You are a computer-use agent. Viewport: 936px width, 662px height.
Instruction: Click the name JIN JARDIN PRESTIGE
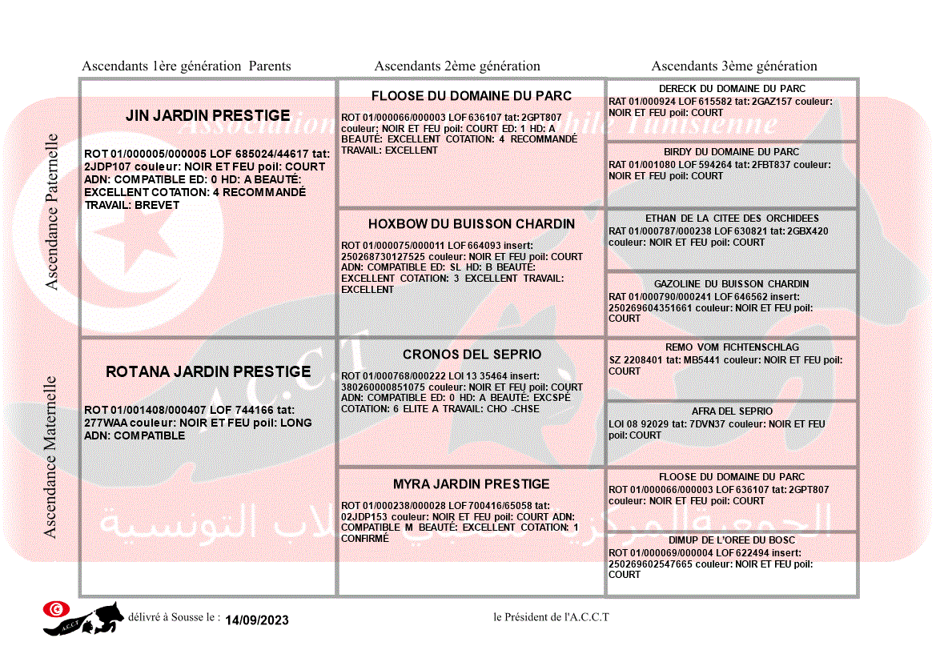click(x=207, y=116)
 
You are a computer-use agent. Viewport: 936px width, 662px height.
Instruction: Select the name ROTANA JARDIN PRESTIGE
click(x=208, y=372)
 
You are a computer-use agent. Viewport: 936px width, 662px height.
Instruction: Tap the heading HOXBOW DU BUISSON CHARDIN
click(x=472, y=224)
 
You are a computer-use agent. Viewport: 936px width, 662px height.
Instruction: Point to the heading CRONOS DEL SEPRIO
click(x=472, y=355)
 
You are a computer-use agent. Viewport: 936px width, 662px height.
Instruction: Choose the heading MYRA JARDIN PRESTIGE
click(x=472, y=484)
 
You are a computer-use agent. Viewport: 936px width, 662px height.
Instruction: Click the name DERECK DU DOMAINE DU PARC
click(x=732, y=89)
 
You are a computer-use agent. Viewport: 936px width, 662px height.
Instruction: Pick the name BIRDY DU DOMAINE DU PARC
click(x=732, y=152)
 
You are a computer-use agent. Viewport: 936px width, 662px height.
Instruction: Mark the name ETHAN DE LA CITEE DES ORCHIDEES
click(x=732, y=219)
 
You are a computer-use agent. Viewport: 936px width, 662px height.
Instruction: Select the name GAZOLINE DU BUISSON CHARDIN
click(x=732, y=284)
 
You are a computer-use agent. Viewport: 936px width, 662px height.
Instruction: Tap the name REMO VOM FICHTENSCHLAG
click(x=732, y=348)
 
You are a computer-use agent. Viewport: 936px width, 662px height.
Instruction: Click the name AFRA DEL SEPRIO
click(x=732, y=411)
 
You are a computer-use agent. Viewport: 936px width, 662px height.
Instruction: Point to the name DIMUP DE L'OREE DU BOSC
click(x=732, y=540)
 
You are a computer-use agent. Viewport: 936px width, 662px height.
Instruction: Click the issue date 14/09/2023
click(x=257, y=620)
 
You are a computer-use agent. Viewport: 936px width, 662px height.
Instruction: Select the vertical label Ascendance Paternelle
click(x=52, y=212)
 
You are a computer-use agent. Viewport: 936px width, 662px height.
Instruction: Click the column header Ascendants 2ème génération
click(x=457, y=66)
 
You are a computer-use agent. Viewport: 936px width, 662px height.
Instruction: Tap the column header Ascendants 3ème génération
click(x=734, y=66)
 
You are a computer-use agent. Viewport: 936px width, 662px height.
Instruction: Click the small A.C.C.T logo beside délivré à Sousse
click(x=83, y=618)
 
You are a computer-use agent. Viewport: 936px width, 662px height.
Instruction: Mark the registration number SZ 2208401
click(x=637, y=360)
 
